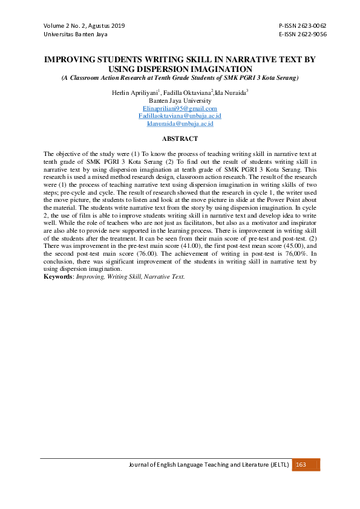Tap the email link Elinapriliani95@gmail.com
click(180, 108)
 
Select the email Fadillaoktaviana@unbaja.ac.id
click(180, 115)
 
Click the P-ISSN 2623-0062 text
click(303, 27)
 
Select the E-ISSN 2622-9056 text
click(303, 34)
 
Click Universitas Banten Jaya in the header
click(75, 34)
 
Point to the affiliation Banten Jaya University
click(180, 100)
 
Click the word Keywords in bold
click(59, 276)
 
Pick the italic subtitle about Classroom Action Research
click(180, 78)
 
